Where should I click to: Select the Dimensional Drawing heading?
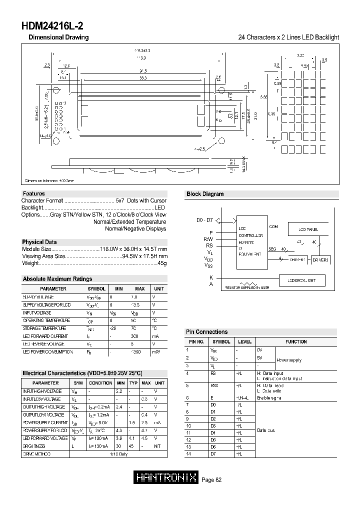click(x=58, y=37)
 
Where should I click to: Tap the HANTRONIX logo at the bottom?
click(x=167, y=478)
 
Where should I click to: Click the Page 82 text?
click(x=211, y=480)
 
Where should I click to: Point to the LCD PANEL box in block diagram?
click(x=308, y=229)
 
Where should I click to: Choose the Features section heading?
click(x=33, y=193)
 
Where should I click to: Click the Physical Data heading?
click(x=39, y=242)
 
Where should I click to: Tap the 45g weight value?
click(x=162, y=263)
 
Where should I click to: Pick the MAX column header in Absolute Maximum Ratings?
click(x=139, y=289)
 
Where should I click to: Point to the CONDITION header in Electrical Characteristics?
click(x=100, y=383)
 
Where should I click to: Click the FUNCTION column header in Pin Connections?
click(x=296, y=342)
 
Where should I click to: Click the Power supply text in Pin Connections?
click(x=289, y=360)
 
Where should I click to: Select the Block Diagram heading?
click(x=205, y=194)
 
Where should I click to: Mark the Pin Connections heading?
click(x=206, y=332)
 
